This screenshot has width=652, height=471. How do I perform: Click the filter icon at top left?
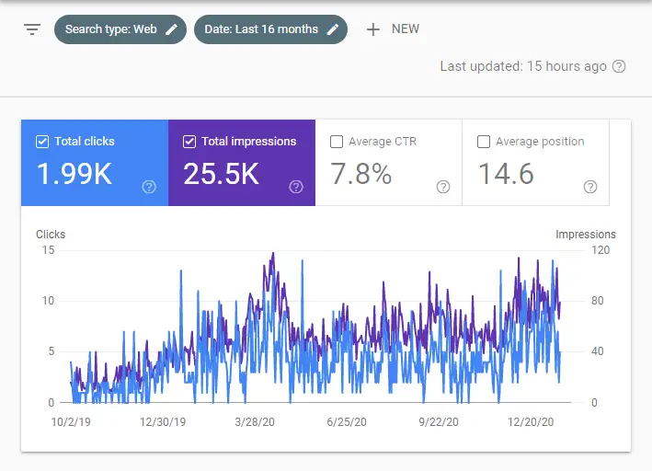click(32, 29)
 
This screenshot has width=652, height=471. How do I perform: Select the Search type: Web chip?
click(120, 29)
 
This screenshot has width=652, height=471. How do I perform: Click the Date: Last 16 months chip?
click(270, 29)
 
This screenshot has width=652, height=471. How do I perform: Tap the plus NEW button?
click(393, 29)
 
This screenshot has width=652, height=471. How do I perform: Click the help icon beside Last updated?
click(619, 66)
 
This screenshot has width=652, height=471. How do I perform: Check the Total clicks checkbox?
click(41, 142)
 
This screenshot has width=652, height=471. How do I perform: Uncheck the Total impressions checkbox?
click(189, 142)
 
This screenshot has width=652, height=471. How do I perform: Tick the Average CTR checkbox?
click(337, 142)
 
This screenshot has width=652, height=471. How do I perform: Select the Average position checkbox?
click(484, 142)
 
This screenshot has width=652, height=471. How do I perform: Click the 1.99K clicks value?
click(75, 174)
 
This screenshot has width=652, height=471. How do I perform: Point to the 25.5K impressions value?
click(221, 174)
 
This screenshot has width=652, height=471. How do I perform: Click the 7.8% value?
click(360, 174)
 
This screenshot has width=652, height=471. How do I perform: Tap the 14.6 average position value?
click(506, 174)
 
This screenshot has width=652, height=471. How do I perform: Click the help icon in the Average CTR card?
click(443, 187)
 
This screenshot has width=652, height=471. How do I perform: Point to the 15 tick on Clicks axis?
click(48, 250)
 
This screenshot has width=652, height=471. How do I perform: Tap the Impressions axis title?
click(585, 235)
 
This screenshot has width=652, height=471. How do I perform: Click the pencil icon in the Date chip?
click(333, 29)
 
